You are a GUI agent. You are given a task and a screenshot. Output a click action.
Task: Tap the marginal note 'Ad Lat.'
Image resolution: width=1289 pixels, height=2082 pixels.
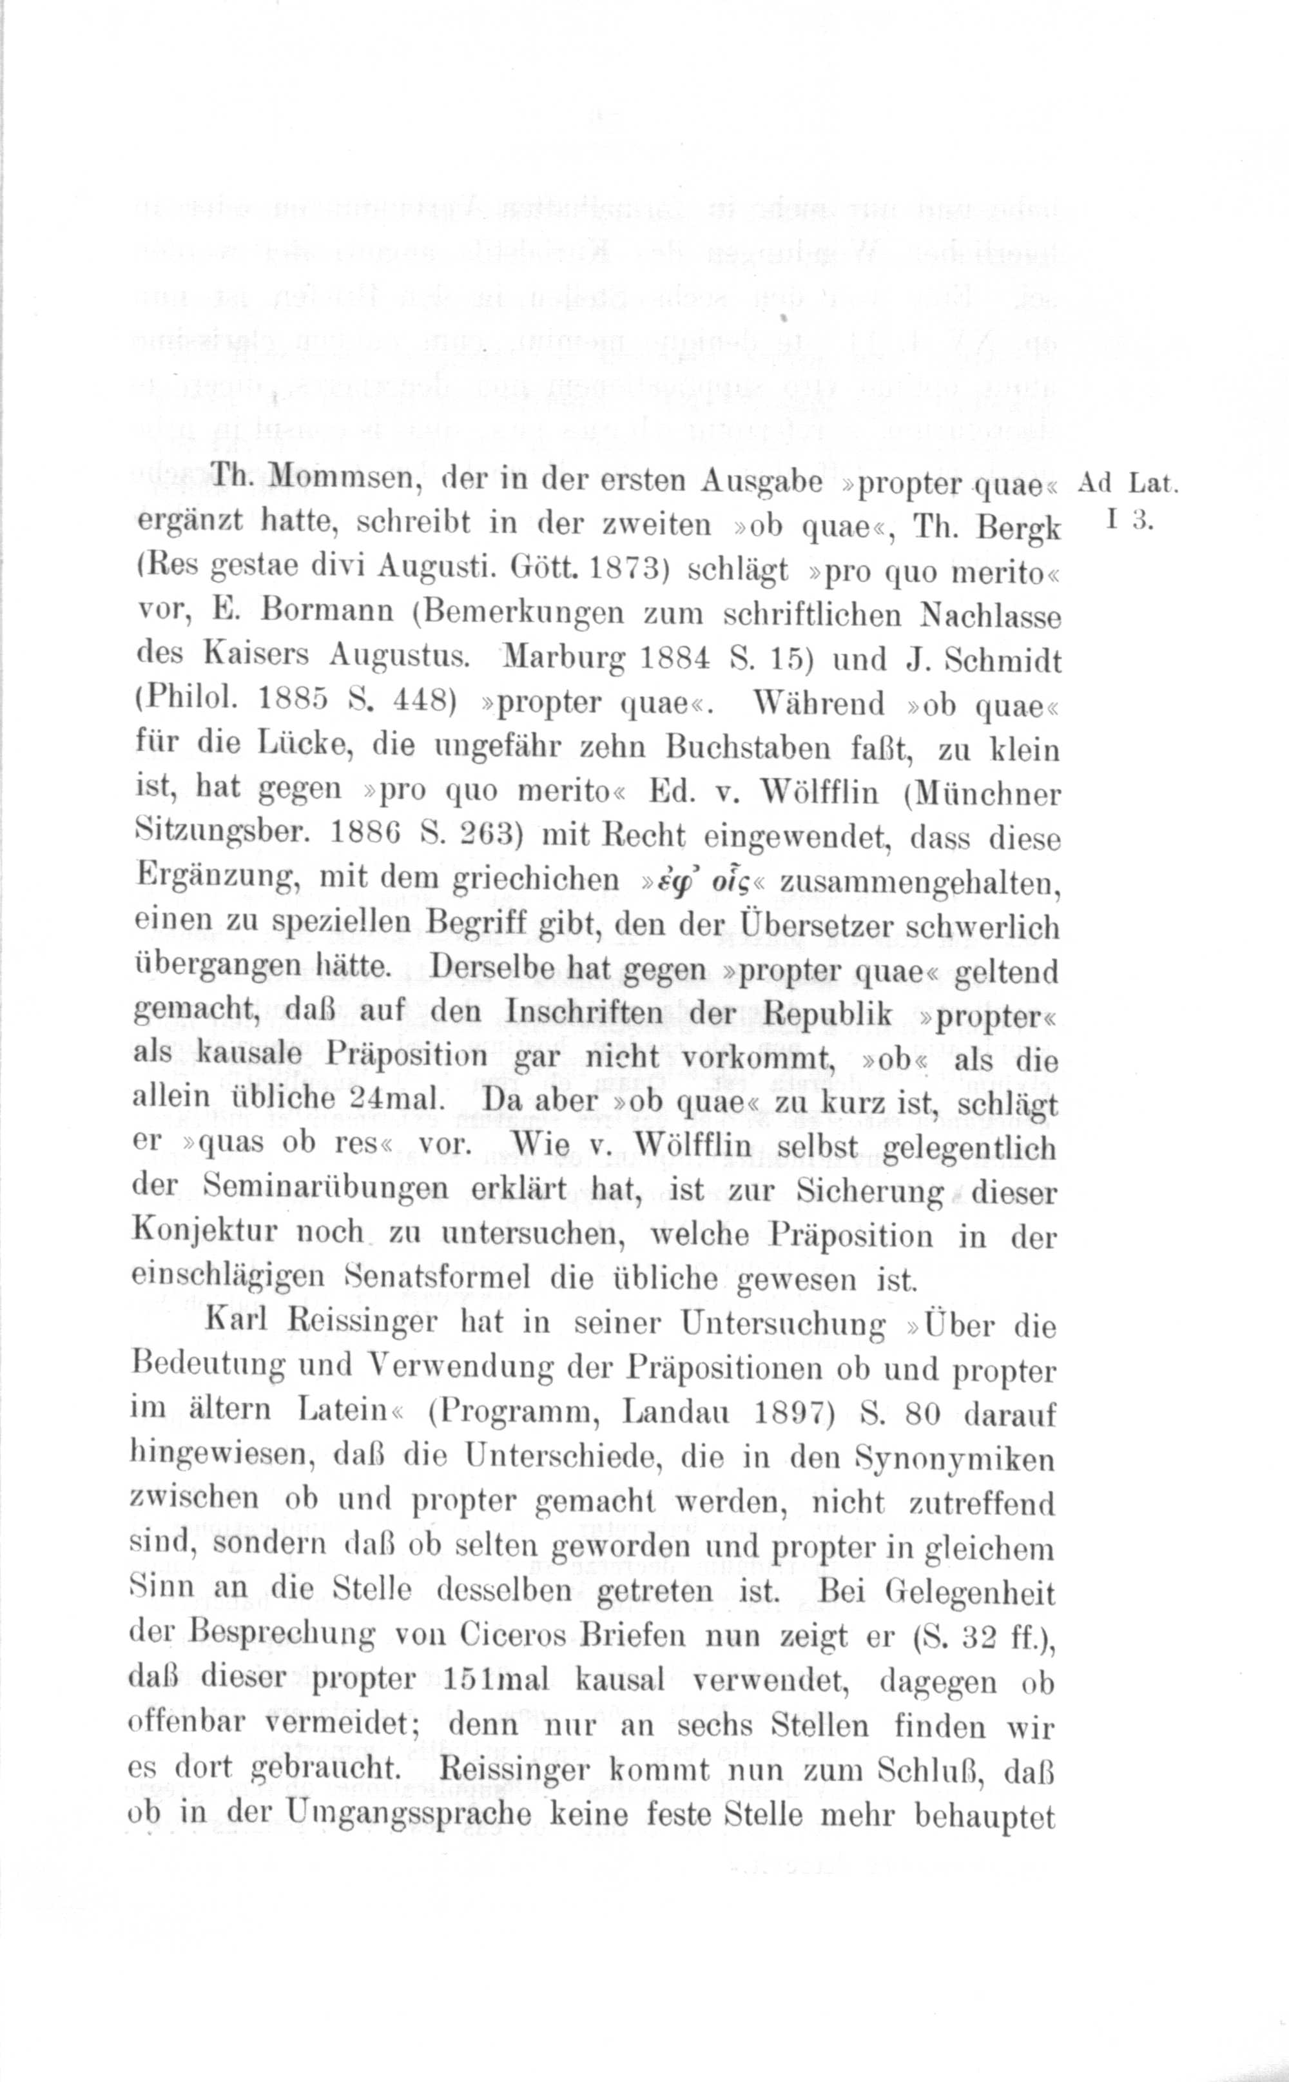pos(1127,483)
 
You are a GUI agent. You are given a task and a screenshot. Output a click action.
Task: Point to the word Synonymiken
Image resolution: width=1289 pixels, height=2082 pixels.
pos(954,1459)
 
